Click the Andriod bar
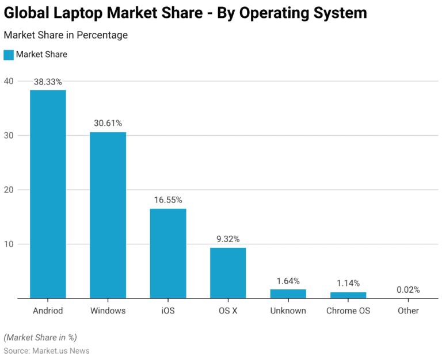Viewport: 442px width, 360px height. (x=48, y=194)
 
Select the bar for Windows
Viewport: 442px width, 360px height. (x=108, y=215)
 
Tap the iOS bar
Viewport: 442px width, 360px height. (x=168, y=253)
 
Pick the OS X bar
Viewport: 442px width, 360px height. (x=228, y=273)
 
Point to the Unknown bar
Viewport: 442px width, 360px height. (x=288, y=294)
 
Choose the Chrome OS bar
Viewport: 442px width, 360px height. (x=348, y=295)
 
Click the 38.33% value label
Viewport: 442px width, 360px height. (x=48, y=82)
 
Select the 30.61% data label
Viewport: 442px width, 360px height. (x=108, y=123)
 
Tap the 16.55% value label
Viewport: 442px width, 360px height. (x=168, y=200)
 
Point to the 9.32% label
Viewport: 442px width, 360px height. (x=228, y=239)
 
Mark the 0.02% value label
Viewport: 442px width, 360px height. (x=408, y=290)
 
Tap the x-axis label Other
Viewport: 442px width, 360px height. (x=408, y=311)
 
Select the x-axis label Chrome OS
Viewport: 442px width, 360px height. (x=348, y=311)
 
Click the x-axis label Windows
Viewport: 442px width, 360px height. (x=108, y=311)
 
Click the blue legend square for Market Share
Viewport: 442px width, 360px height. (x=9, y=55)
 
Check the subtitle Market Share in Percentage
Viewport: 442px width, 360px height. (x=66, y=35)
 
